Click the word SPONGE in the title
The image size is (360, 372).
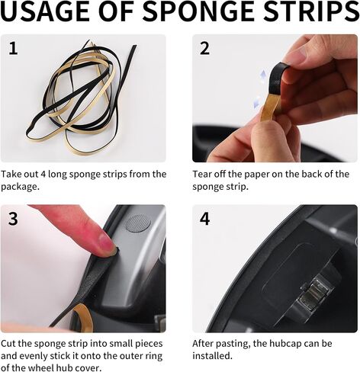[202, 11]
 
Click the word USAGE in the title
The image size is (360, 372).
[41, 11]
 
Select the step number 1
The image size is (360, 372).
[13, 48]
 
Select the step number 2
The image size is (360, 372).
[204, 48]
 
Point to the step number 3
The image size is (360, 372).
[13, 219]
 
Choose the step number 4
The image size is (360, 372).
[204, 219]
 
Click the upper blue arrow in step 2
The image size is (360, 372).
[263, 75]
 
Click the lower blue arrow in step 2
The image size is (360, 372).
[257, 102]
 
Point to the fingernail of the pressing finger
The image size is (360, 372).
[106, 242]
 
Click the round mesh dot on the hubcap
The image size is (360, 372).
[138, 223]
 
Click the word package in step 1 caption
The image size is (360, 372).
[20, 187]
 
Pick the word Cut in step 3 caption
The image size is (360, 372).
[8, 344]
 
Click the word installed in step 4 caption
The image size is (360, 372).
[212, 356]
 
